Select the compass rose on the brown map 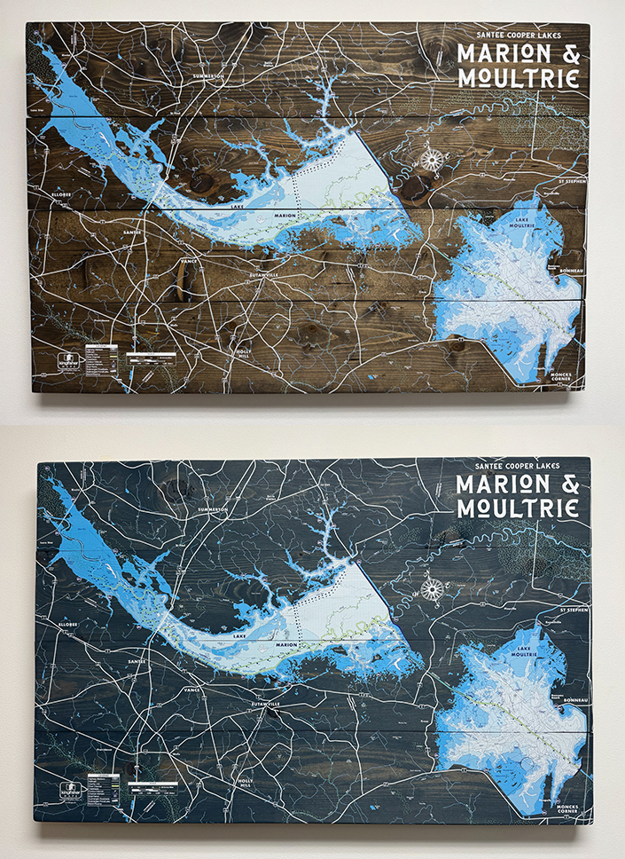point(432,161)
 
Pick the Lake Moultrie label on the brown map point(520,224)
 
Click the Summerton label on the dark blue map point(209,510)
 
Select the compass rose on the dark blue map point(433,589)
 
